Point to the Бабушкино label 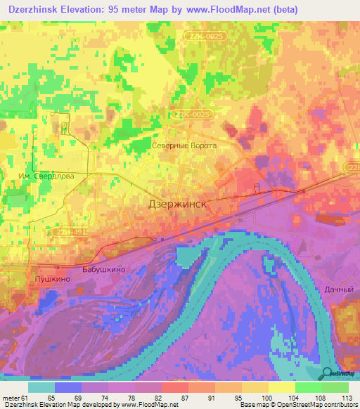coord(103,269)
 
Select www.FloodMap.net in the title coord(222,10)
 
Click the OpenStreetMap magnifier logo coord(328,372)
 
